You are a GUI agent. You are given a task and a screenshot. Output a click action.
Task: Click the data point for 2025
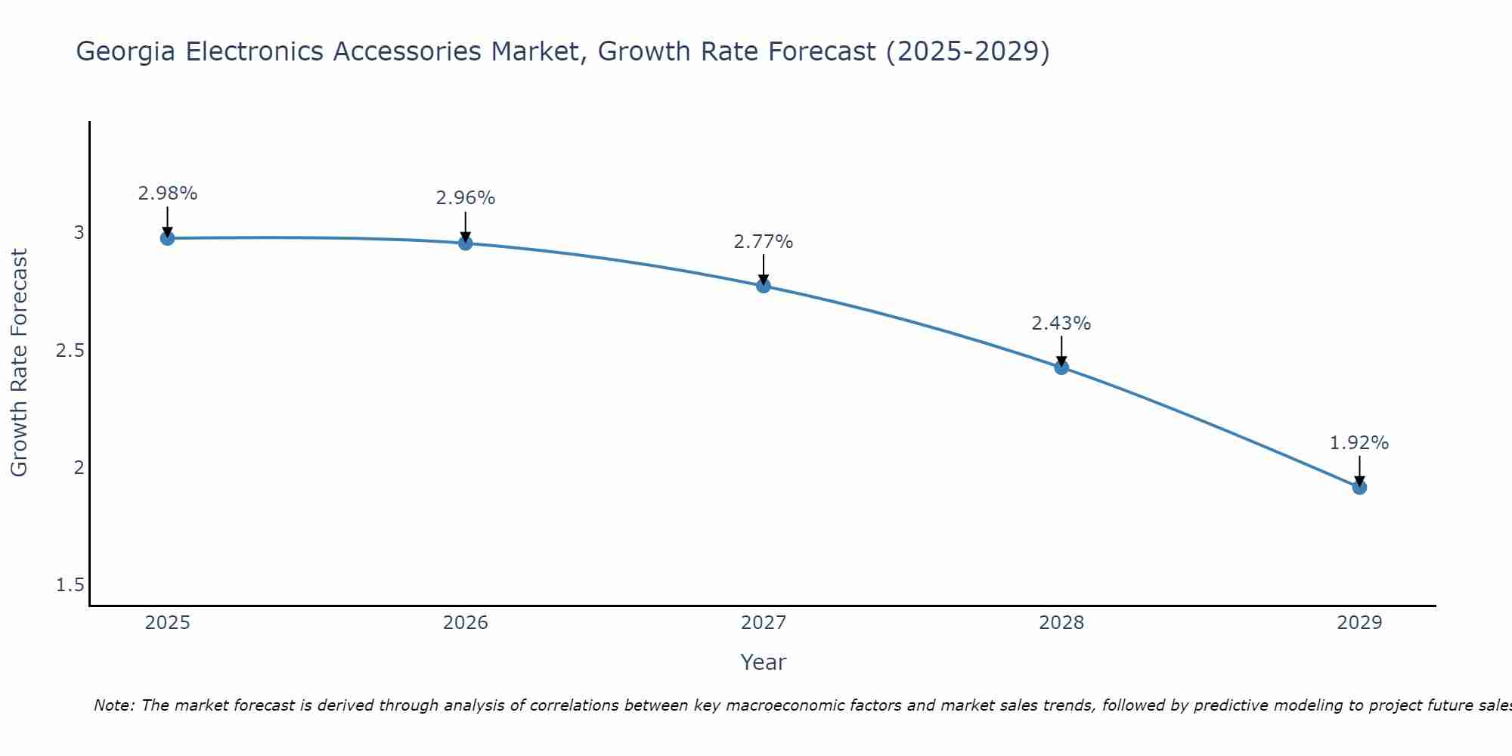click(167, 238)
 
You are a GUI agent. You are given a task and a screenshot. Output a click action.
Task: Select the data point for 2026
click(466, 243)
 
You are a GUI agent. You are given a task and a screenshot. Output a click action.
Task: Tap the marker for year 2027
click(764, 286)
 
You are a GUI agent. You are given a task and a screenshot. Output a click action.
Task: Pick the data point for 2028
click(1061, 367)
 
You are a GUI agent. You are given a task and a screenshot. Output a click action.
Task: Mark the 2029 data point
click(1359, 487)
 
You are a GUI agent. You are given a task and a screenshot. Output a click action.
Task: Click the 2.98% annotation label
click(167, 194)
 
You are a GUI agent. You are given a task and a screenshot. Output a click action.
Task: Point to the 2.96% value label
click(466, 198)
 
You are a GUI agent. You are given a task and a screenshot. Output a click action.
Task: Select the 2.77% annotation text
click(764, 242)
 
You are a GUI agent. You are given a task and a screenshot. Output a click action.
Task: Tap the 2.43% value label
click(1061, 324)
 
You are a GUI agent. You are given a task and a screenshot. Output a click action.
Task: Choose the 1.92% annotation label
click(1359, 443)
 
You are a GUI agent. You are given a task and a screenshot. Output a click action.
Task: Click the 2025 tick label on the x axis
click(167, 623)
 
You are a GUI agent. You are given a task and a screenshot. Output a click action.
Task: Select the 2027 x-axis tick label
click(764, 623)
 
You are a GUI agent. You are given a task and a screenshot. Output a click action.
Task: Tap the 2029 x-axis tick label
click(1359, 623)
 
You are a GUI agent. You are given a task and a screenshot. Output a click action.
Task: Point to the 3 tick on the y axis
click(79, 233)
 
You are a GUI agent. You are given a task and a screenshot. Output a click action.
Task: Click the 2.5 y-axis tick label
click(70, 351)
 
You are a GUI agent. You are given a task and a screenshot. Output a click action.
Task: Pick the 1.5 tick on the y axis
click(70, 585)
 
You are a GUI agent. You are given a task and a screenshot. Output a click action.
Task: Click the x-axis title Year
click(764, 662)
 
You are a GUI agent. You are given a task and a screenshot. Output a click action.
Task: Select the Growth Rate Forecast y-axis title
click(19, 363)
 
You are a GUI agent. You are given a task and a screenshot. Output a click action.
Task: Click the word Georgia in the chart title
click(126, 52)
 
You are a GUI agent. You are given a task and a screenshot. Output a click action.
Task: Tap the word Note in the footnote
click(113, 705)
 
